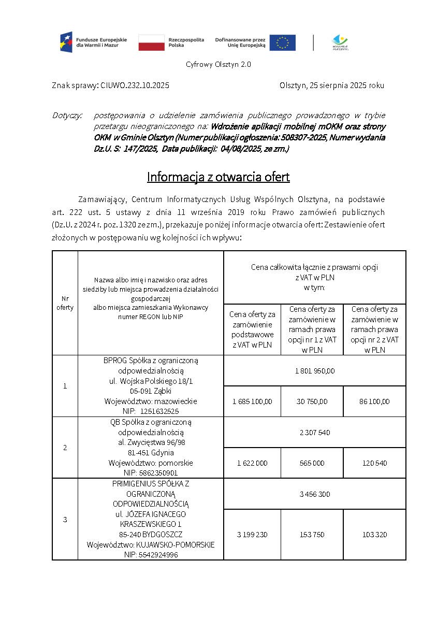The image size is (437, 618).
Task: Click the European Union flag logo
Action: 282,42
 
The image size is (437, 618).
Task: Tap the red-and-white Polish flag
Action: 151,42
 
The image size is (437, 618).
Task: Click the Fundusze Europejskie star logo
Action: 66,42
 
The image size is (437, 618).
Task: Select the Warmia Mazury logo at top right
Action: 340,42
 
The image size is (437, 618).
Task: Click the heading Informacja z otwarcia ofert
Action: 218,177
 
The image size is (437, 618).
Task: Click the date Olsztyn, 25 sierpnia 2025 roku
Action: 331,85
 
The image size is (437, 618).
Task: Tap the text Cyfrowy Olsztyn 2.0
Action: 218,64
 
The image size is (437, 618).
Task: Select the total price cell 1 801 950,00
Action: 314,370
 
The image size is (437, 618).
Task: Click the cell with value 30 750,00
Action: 312,401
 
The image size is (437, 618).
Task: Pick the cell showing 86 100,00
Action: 374,401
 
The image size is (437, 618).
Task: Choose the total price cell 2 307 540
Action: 314,432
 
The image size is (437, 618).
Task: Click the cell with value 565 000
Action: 312,463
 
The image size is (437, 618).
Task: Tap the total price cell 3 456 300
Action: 314,494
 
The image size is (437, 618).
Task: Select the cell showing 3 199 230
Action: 252,534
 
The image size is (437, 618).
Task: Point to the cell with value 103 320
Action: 374,534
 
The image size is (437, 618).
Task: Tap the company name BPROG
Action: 115,360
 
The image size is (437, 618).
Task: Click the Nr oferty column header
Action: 65,303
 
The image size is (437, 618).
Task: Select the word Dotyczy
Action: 67,114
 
